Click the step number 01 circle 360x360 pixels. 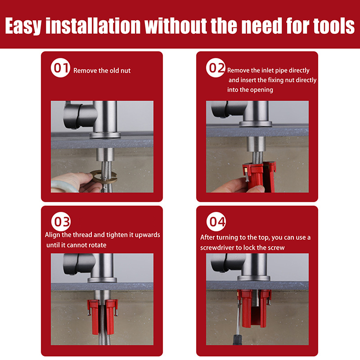[60, 67]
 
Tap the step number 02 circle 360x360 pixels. [216, 67]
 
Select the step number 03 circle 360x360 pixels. [61, 221]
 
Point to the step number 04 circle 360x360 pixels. [216, 221]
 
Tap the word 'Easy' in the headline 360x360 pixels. [23, 26]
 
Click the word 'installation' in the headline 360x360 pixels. [93, 26]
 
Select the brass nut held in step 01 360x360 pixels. [104, 176]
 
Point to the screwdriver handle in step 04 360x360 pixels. [238, 340]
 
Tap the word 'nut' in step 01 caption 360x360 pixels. [126, 71]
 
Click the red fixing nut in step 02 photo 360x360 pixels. [259, 176]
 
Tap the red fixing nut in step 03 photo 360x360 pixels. [103, 316]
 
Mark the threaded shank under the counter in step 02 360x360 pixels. [256, 144]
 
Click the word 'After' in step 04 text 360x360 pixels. [207, 237]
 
